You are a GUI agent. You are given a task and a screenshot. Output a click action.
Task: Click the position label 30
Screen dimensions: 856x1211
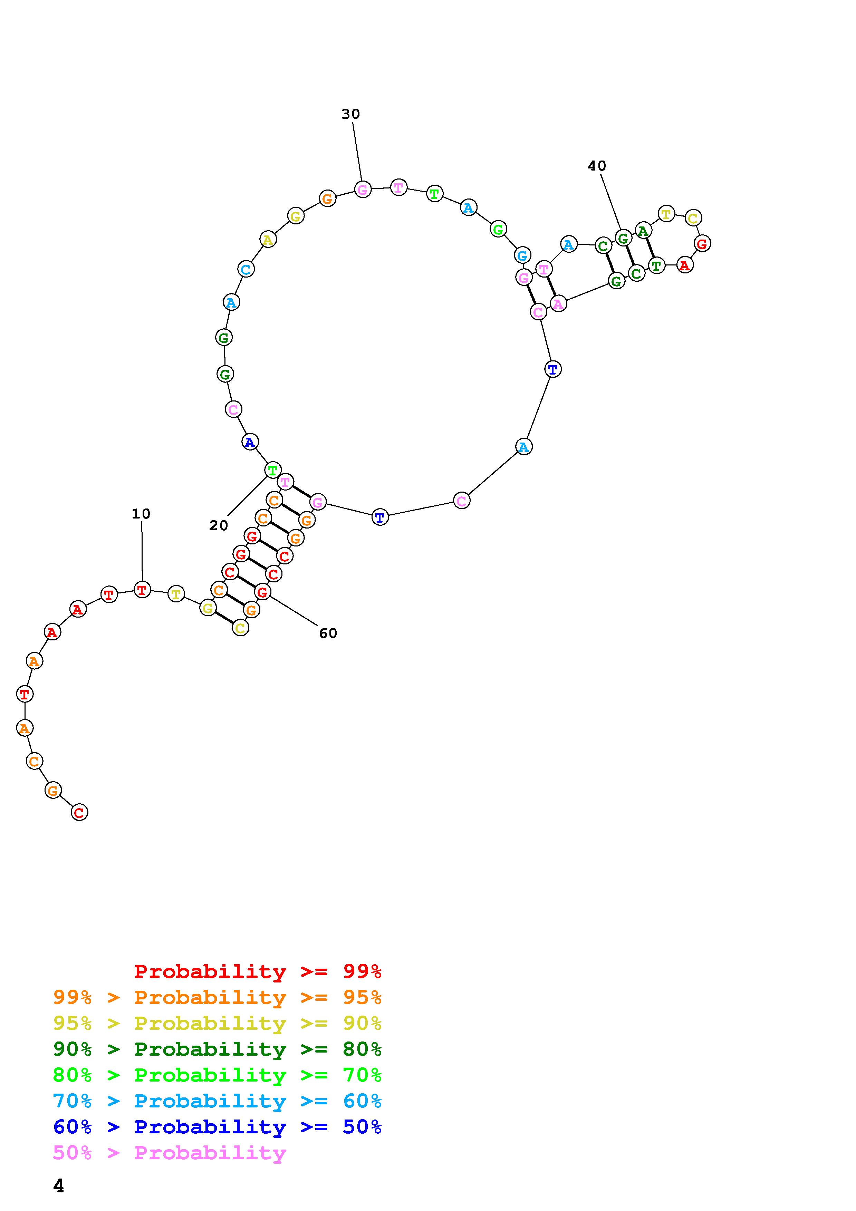351,114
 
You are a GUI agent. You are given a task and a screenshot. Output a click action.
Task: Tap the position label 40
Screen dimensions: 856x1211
597,166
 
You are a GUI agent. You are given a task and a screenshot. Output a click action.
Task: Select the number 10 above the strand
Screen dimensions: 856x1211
141,514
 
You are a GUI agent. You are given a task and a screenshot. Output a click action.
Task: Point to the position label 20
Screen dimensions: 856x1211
218,525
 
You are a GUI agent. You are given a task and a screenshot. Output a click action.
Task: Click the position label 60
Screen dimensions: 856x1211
328,633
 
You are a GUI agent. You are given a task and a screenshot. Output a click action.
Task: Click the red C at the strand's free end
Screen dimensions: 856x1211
79,812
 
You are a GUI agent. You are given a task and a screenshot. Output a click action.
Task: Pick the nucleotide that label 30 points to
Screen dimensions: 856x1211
362,189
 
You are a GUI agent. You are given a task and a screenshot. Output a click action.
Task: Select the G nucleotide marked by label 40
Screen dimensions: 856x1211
623,238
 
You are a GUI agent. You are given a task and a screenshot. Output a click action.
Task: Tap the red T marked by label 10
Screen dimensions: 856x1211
142,589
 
